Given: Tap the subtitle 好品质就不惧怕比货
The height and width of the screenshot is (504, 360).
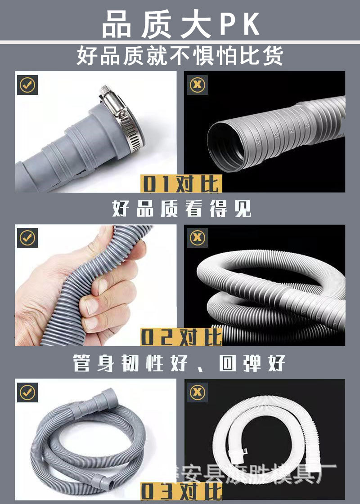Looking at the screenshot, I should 180,56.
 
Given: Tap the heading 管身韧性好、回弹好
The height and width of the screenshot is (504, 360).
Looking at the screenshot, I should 179,363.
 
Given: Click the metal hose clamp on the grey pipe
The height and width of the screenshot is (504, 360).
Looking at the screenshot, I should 121,119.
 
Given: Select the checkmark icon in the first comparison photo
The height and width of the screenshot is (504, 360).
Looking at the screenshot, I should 27,84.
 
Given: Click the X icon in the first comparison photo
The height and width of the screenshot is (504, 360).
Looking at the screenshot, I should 197,84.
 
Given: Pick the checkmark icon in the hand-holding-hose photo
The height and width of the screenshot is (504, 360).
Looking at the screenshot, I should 27,237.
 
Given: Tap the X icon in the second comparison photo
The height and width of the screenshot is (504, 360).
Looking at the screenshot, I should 197,237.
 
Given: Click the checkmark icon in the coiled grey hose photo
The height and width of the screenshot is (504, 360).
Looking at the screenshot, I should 27,392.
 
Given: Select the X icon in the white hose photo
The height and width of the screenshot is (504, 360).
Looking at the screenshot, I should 197,392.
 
